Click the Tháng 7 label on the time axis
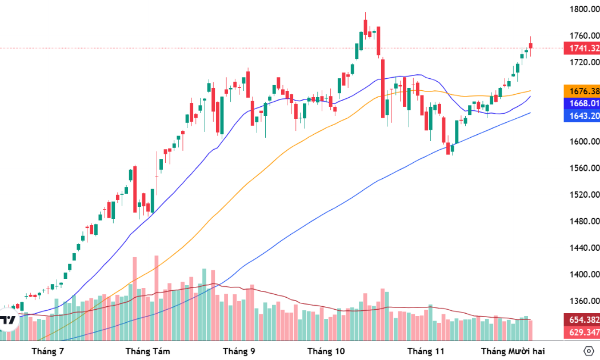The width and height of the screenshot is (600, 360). [x=48, y=351]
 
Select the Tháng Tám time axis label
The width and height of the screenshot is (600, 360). [x=147, y=351]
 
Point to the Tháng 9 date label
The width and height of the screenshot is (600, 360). [x=239, y=351]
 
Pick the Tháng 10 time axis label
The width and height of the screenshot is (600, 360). [x=326, y=351]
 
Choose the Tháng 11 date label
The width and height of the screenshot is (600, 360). [x=425, y=351]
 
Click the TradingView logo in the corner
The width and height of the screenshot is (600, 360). [x=8, y=320]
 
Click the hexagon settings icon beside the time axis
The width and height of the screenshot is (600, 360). [x=589, y=350]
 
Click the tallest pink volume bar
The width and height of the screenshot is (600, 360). [x=156, y=297]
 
